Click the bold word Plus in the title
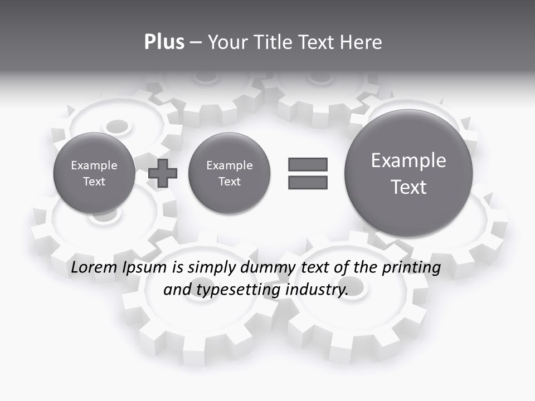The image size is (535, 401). [x=164, y=42]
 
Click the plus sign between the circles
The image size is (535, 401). [x=163, y=173]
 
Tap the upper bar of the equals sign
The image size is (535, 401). [x=308, y=164]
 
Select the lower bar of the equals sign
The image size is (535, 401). [x=308, y=182]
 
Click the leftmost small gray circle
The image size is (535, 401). [x=94, y=173]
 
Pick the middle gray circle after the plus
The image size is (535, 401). [x=229, y=173]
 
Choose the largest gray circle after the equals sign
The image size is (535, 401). [x=408, y=173]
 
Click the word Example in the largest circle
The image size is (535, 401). [x=408, y=160]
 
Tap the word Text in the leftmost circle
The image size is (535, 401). [x=94, y=182]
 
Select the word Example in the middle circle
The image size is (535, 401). [x=229, y=165]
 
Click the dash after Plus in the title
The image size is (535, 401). [x=196, y=42]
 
